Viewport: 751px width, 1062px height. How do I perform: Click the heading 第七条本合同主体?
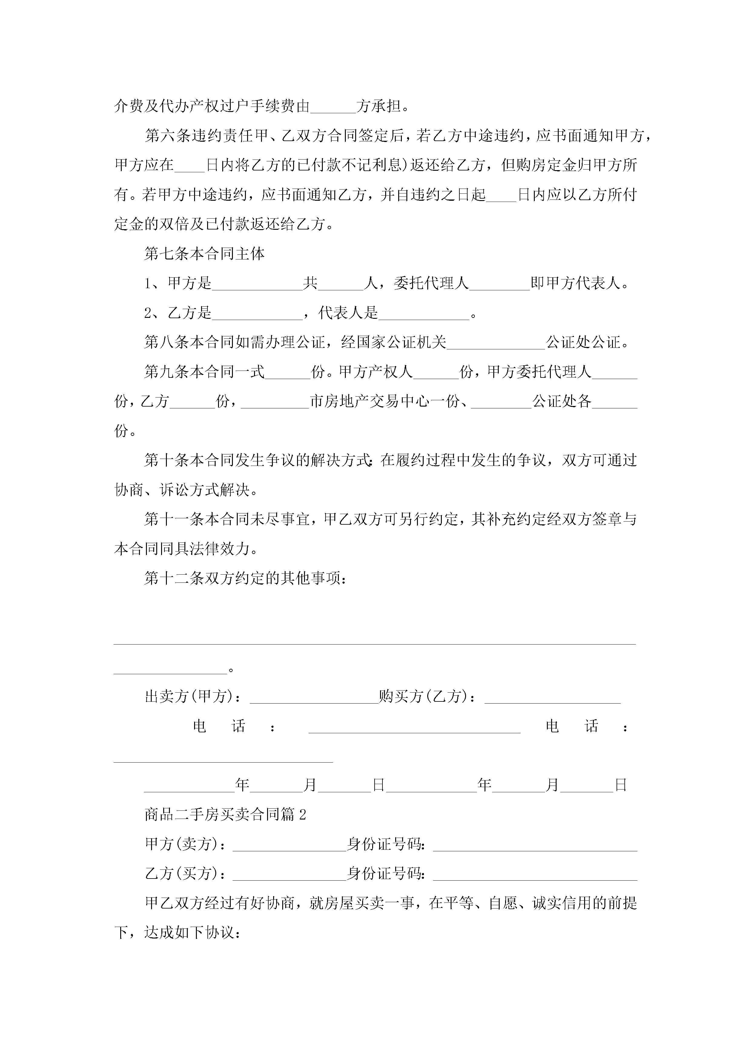(204, 253)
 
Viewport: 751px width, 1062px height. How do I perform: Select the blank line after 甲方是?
(257, 284)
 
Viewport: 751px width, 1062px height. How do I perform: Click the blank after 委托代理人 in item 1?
(499, 284)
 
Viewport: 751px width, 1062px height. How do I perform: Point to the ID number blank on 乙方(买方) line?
(535, 874)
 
